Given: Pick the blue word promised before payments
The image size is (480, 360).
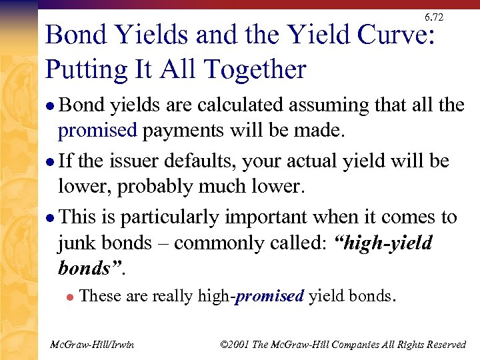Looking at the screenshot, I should click(97, 131).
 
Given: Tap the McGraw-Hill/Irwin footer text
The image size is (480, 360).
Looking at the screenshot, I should click(93, 345).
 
